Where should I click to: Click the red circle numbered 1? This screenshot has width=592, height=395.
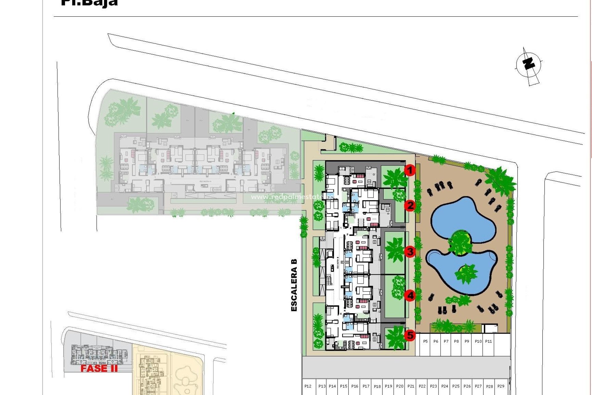pos(409,170)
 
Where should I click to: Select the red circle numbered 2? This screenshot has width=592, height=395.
pos(410,205)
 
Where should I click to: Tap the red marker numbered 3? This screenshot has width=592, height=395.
pos(410,252)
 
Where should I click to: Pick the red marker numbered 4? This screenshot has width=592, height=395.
pos(410,296)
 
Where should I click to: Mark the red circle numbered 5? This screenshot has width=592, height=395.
pos(410,335)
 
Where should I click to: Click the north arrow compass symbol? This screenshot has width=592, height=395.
pos(529,65)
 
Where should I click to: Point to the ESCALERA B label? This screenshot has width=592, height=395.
pos(294,285)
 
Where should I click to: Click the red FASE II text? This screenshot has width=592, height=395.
pos(99,368)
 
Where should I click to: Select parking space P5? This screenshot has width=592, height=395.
pos(425,342)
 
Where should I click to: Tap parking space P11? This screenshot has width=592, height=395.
pos(488,342)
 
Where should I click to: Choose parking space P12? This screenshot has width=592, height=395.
pos(308,386)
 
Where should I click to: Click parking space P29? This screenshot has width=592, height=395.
pos(501,386)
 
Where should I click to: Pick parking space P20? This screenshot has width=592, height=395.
pos(400,386)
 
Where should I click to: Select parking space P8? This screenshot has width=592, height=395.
pos(456,342)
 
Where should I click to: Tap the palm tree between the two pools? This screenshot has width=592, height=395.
pos(460,242)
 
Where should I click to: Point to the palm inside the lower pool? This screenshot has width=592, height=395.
pos(466,273)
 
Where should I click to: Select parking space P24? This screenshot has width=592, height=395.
pos(445,386)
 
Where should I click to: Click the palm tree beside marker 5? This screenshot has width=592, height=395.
pos(395,338)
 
